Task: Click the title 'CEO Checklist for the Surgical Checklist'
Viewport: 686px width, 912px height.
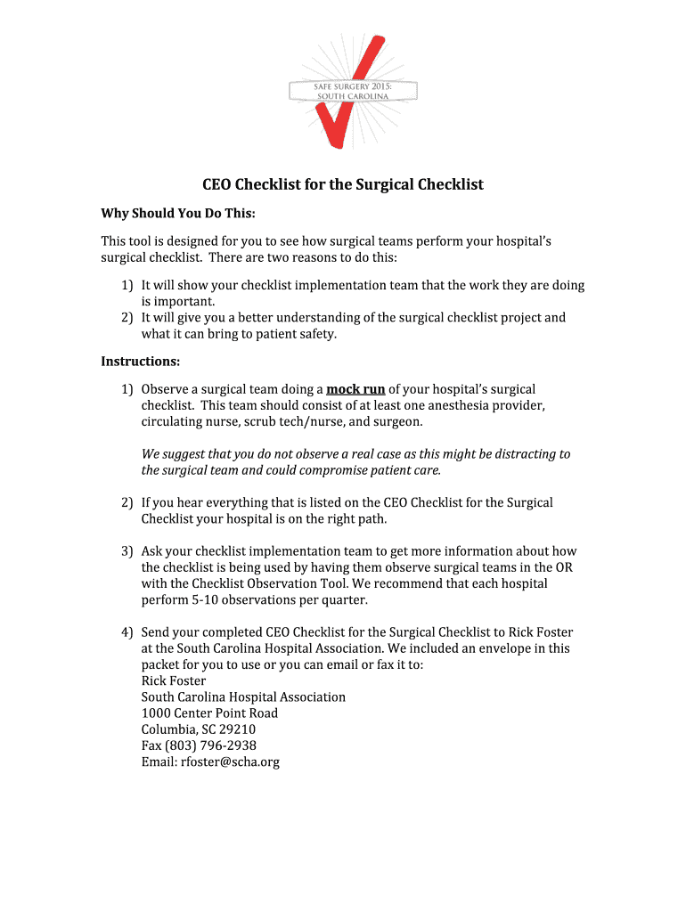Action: pos(342,185)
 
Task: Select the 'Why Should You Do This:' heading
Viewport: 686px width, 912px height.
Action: pos(177,214)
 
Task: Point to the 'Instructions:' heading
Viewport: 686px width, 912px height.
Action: pos(140,362)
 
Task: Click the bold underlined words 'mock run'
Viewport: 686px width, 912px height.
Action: pos(355,389)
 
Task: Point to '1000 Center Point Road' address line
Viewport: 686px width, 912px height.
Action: pos(209,713)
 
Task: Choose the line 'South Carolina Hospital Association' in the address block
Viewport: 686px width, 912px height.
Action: pos(243,697)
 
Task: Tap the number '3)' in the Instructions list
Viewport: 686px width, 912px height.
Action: pos(127,551)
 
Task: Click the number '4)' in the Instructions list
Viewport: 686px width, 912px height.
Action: pos(127,632)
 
